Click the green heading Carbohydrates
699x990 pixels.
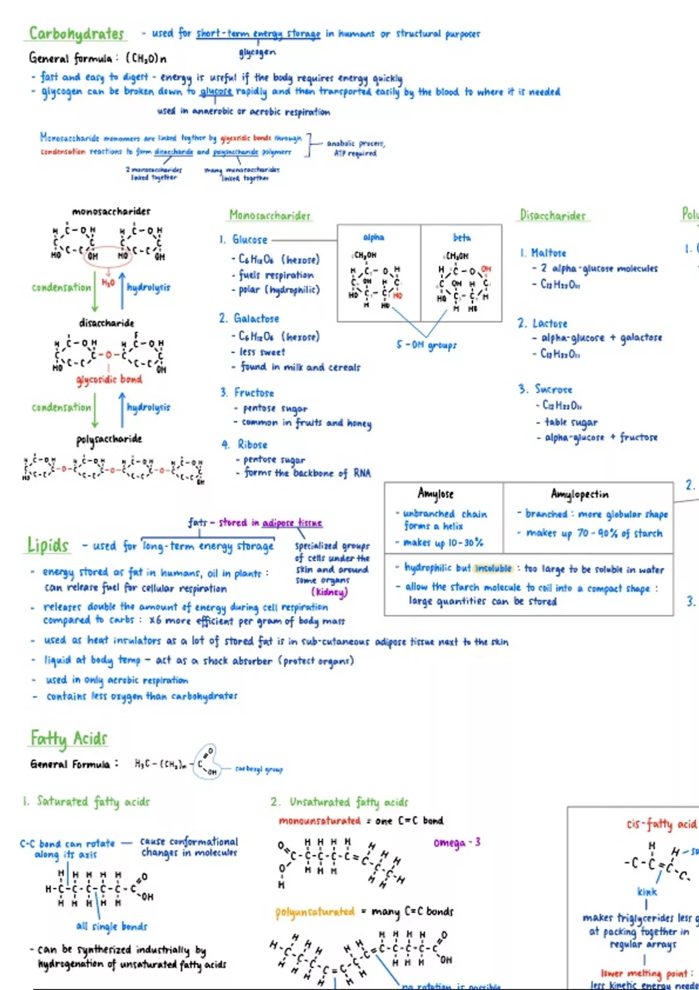(x=77, y=34)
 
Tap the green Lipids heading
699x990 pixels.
(x=48, y=545)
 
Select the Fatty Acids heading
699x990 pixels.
(x=69, y=738)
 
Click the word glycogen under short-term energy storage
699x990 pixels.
(x=257, y=53)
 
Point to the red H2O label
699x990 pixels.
(x=108, y=282)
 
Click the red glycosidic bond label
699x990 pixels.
(x=110, y=380)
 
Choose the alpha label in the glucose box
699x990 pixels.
(x=373, y=237)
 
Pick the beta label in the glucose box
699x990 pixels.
(x=461, y=238)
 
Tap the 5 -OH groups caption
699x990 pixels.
(x=426, y=345)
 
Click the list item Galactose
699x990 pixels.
(x=256, y=319)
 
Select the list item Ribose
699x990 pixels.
(x=252, y=444)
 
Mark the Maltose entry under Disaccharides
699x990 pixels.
(x=548, y=253)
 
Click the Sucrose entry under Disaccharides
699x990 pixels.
(x=553, y=389)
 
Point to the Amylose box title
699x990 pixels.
(x=436, y=494)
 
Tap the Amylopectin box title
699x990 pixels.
(x=580, y=494)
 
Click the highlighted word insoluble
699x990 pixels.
(x=493, y=568)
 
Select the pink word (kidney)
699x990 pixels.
(x=329, y=592)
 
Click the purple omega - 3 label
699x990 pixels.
(x=457, y=843)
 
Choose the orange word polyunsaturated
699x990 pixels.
(x=315, y=911)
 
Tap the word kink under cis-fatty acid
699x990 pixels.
(x=647, y=892)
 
